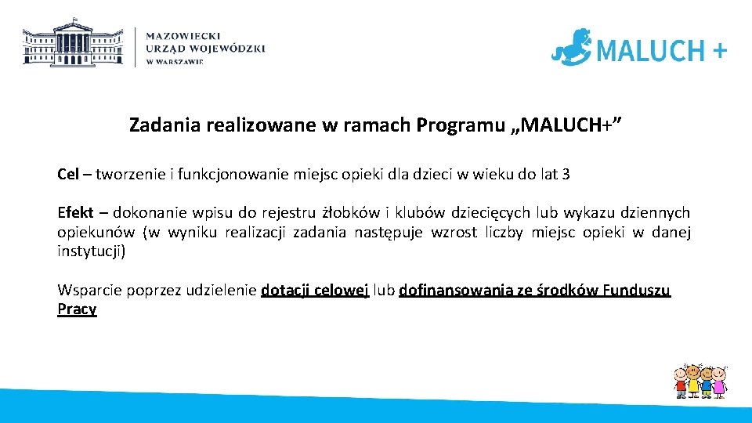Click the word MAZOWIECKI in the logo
pos(183,36)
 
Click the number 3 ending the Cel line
pos(566,174)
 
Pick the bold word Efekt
pos(75,213)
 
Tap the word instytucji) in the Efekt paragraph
pos(91,251)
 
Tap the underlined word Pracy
pos(77,309)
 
